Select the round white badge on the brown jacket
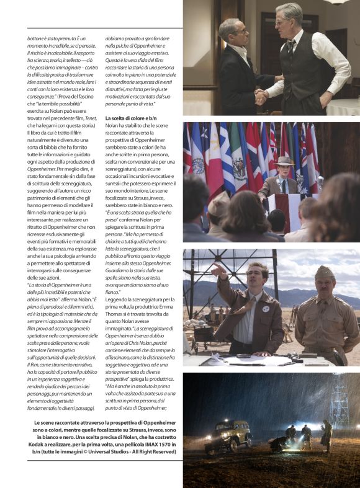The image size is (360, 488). [266, 308]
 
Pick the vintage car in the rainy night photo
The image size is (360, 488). [228, 436]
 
